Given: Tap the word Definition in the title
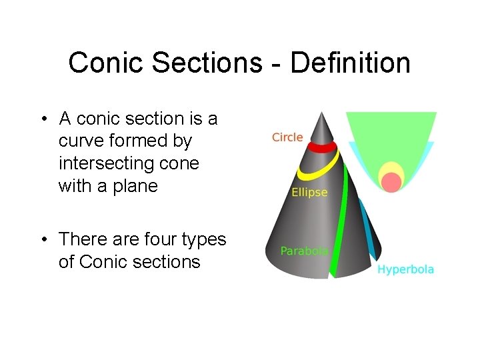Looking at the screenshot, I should tap(350, 63).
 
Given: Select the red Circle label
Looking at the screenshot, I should tap(287, 137).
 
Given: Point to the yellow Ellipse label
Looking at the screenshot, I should tap(309, 192).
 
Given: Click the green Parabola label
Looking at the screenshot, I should tap(304, 251).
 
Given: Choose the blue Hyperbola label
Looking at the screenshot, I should tap(405, 269).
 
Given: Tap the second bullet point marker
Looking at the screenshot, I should tap(42, 239).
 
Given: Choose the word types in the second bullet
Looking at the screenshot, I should tap(199, 239).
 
